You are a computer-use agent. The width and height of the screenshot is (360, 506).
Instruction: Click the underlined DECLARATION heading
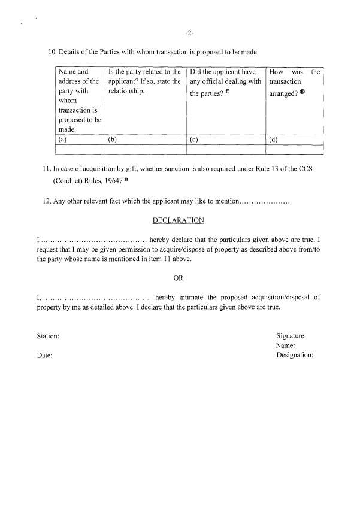click(178, 220)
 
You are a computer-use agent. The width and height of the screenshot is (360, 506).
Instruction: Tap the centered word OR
click(178, 278)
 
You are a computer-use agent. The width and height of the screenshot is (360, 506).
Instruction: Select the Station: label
click(48, 337)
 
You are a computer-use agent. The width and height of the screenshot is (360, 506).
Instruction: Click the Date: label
click(44, 356)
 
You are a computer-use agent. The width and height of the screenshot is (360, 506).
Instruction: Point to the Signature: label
click(291, 336)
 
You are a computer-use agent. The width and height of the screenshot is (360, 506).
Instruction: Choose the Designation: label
click(295, 355)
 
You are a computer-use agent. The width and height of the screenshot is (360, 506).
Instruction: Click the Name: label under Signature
click(285, 346)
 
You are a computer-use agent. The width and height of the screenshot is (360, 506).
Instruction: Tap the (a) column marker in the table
click(62, 140)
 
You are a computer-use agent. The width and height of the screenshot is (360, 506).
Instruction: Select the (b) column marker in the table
click(112, 140)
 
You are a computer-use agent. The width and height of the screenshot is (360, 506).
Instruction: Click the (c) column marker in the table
click(193, 140)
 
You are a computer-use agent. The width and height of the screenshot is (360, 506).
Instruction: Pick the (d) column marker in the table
click(273, 140)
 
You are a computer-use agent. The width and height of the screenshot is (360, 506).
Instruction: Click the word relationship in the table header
click(126, 91)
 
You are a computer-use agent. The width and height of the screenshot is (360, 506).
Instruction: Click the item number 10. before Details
click(52, 53)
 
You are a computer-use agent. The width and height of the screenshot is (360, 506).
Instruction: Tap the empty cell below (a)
click(80, 150)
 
